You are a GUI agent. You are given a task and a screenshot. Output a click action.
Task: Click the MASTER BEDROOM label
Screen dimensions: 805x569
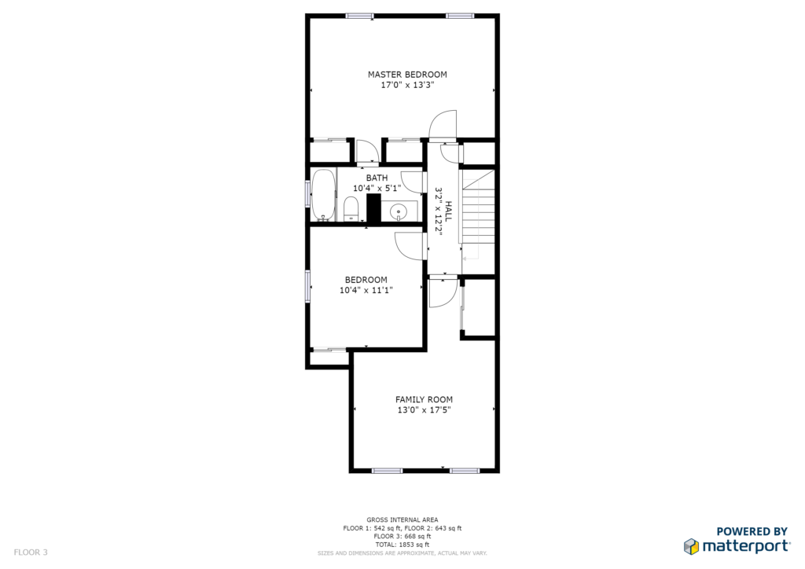tap(407, 75)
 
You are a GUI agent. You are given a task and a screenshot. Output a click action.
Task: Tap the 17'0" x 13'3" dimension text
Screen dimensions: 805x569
tap(407, 85)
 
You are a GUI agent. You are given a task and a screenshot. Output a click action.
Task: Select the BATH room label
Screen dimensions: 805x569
tap(377, 178)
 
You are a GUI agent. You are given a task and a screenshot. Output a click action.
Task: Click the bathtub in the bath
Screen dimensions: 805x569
tap(323, 195)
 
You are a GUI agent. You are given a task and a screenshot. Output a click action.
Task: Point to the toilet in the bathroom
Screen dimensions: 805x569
tap(351, 209)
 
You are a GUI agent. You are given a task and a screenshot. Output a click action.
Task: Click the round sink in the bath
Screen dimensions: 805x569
tap(399, 211)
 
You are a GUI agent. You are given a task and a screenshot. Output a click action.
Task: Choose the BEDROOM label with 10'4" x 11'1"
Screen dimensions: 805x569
tap(366, 280)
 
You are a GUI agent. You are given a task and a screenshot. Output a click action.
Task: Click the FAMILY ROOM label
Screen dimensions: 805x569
tap(424, 400)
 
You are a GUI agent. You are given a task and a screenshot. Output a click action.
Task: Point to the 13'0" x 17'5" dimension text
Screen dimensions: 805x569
tap(424, 410)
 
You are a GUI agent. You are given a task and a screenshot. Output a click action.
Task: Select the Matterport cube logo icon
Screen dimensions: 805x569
tap(691, 546)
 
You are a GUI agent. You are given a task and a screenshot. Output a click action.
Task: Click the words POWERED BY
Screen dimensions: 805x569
tap(752, 531)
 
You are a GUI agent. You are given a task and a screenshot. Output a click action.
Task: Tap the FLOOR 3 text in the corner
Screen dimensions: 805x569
tap(31, 552)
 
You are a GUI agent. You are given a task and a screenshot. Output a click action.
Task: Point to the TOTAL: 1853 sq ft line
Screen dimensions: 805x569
tap(402, 545)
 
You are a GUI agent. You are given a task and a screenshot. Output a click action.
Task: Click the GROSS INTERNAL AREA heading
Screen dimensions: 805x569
tap(402, 520)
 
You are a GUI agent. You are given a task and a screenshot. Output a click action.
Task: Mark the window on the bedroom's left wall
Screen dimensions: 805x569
tap(308, 285)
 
